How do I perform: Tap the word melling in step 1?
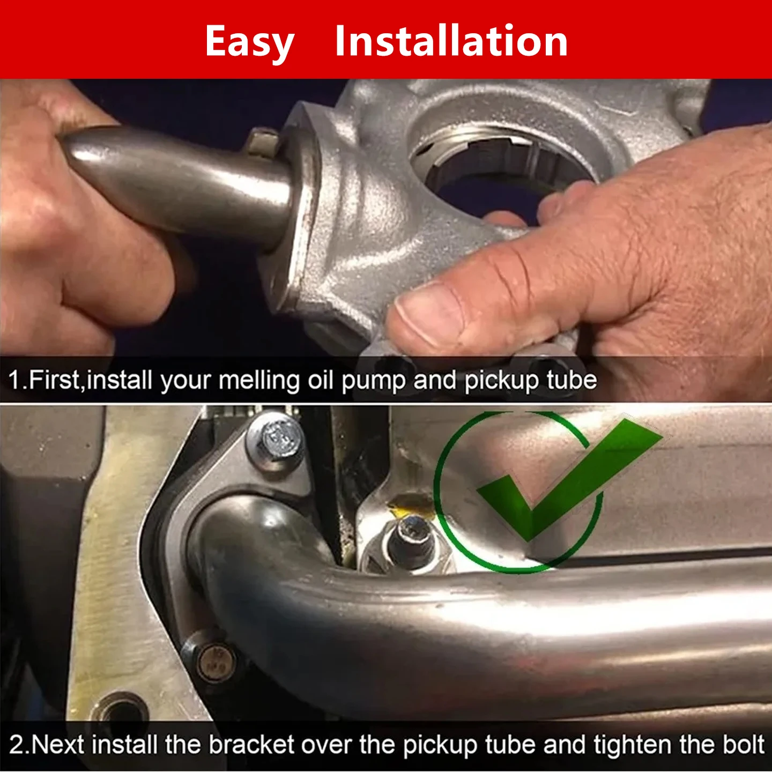tap(259, 380)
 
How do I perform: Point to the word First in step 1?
tap(54, 380)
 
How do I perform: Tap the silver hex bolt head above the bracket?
tap(276, 441)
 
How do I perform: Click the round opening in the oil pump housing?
tap(501, 168)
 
